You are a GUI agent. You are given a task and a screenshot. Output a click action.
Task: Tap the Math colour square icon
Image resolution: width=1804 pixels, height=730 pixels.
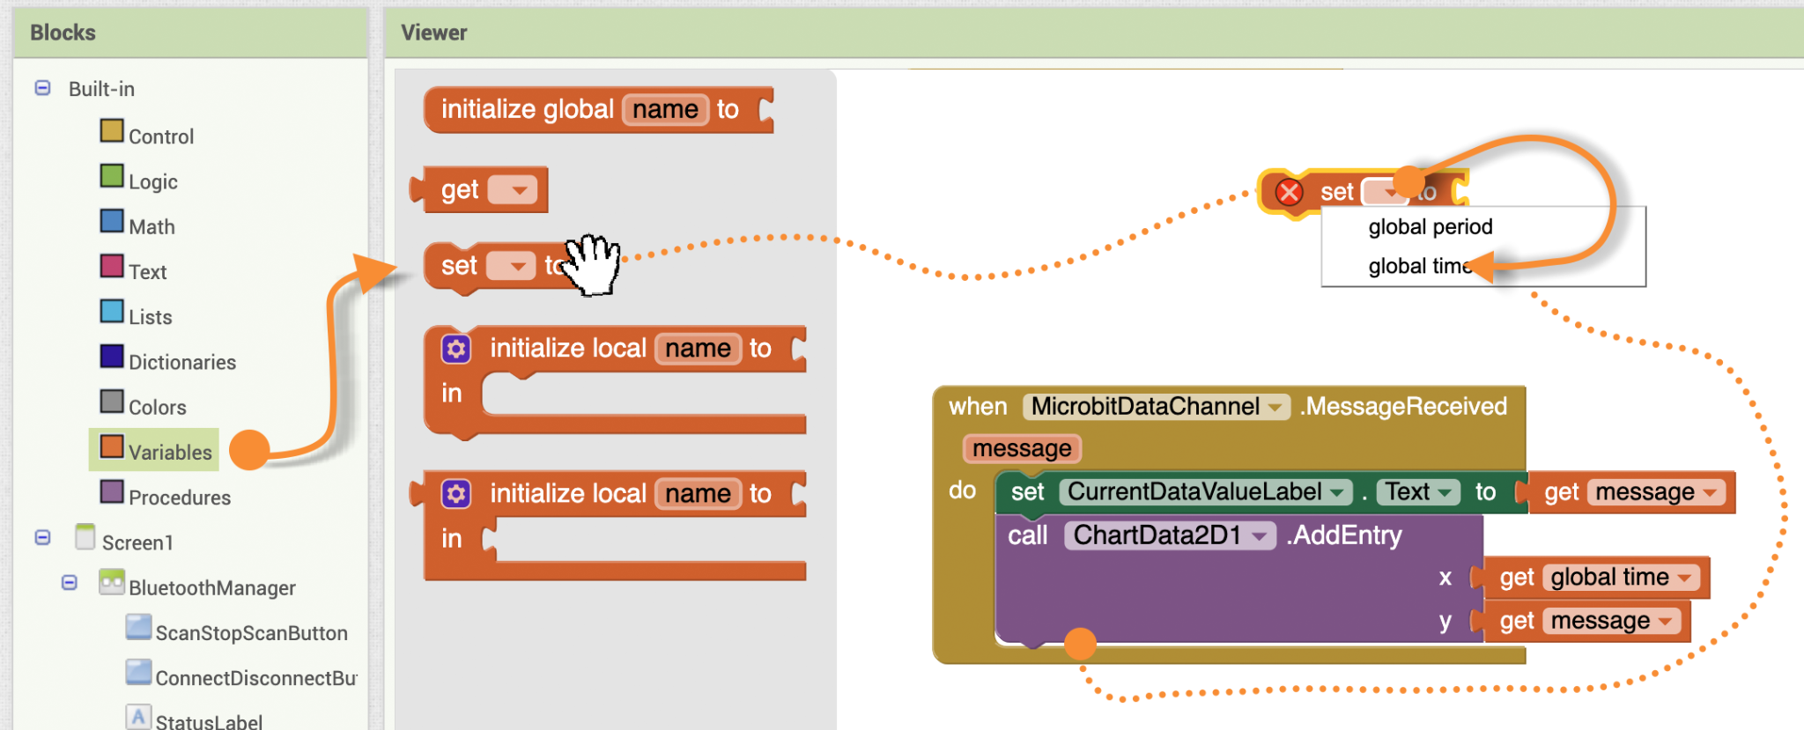coord(112,220)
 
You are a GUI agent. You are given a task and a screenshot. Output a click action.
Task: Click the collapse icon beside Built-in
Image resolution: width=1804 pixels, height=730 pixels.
coord(42,88)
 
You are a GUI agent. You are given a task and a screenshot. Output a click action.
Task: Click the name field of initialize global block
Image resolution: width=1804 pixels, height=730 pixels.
coord(665,109)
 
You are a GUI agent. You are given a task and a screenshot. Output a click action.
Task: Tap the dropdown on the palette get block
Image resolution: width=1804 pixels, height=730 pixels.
coord(512,189)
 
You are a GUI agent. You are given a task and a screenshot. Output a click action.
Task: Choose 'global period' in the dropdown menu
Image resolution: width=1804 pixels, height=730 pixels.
coord(1431,226)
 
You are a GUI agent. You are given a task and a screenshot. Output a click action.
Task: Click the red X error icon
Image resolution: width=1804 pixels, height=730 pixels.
coord(1290,191)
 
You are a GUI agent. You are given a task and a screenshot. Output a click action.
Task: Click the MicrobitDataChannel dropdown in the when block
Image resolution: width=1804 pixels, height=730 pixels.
coord(1156,406)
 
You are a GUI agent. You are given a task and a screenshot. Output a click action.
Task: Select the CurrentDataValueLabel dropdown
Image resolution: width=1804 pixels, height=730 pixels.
coord(1205,491)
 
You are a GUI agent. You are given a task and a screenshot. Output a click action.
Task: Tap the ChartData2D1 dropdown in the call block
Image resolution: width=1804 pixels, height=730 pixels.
coord(1170,535)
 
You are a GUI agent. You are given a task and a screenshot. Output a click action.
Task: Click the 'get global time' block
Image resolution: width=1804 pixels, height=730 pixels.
coord(1595,577)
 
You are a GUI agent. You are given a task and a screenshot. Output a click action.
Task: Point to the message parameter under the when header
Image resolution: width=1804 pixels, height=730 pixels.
coord(1022,448)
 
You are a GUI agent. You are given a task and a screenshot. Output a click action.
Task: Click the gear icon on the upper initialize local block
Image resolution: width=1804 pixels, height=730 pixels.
coord(456,349)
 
